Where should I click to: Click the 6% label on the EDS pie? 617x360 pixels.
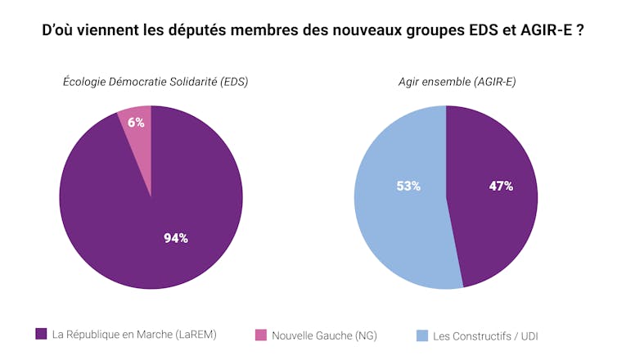pos(136,123)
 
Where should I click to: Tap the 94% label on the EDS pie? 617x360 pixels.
pos(176,238)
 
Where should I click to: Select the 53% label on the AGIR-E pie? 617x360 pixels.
pos(408,186)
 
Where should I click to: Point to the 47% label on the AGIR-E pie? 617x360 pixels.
pos(501,186)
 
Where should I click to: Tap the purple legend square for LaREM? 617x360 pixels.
pos(41,334)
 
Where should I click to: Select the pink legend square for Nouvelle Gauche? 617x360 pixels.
pos(261,335)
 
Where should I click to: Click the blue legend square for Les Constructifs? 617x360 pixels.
pos(422,335)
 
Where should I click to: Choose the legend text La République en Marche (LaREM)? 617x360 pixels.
pos(134,334)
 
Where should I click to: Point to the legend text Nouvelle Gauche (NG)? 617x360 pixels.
pos(324,335)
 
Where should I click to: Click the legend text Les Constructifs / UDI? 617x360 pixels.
pos(484,335)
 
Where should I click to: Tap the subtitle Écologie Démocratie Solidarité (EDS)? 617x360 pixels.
pos(155,82)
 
